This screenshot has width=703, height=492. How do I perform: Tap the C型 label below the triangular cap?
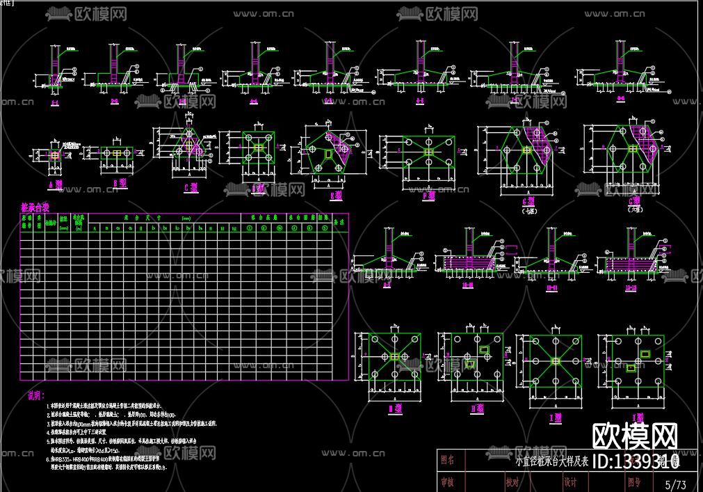[188, 187]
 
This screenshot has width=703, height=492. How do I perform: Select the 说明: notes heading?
[35, 395]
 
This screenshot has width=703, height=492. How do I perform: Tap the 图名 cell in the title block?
[448, 460]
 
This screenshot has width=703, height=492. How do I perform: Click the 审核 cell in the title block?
[448, 482]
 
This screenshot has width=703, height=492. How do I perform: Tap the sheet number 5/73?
[675, 483]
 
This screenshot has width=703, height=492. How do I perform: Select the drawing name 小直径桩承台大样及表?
[551, 461]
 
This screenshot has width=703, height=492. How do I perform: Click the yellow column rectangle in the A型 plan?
[54, 154]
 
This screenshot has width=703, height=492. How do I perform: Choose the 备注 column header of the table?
[339, 221]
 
